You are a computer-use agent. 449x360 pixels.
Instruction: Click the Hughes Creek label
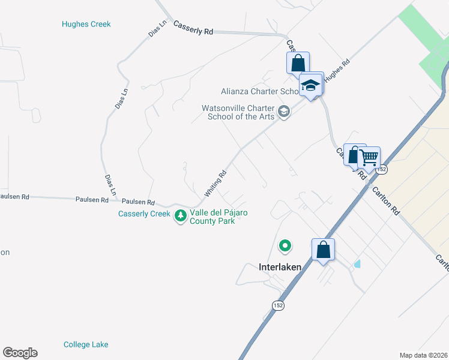[x=86, y=25]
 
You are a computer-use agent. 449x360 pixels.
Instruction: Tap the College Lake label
[x=86, y=344]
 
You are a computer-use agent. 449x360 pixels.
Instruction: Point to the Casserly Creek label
[x=144, y=214]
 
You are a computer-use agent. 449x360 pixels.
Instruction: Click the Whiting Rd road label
[x=215, y=183]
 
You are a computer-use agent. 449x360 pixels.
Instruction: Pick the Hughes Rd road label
[x=337, y=72]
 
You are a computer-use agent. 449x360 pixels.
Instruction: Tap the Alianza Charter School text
[x=259, y=91]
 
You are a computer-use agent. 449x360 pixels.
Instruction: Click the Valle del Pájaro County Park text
[x=218, y=217]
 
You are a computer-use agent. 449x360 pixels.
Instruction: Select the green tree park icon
[x=180, y=215]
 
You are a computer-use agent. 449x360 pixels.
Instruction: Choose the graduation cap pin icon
[x=311, y=85]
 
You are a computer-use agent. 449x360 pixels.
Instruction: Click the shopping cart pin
[x=369, y=158]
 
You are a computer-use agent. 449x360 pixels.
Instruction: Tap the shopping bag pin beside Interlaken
[x=323, y=250]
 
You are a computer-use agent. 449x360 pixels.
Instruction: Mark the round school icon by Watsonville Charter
[x=284, y=112]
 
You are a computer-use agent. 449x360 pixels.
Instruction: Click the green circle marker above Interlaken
[x=285, y=245]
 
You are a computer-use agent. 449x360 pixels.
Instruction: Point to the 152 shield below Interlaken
[x=277, y=305]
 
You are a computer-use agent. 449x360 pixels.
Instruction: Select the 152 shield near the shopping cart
[x=382, y=170]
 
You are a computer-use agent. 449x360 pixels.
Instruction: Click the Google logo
[x=20, y=353]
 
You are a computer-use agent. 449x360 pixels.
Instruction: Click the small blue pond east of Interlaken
[x=358, y=263]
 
